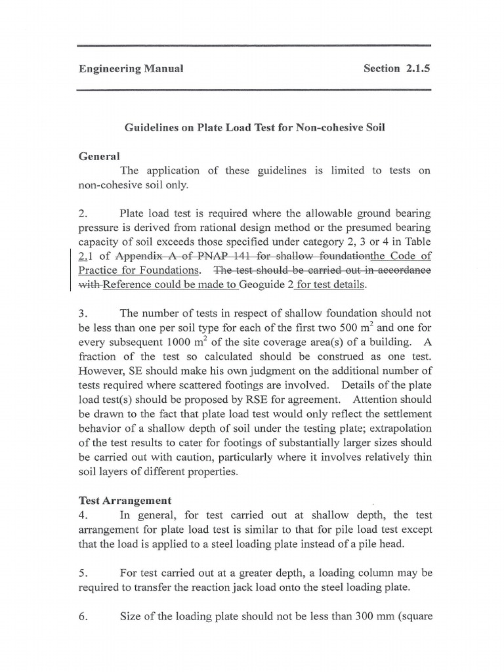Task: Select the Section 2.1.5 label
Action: tap(396, 68)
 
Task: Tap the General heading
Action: tap(99, 156)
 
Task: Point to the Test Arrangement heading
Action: tap(125, 500)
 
